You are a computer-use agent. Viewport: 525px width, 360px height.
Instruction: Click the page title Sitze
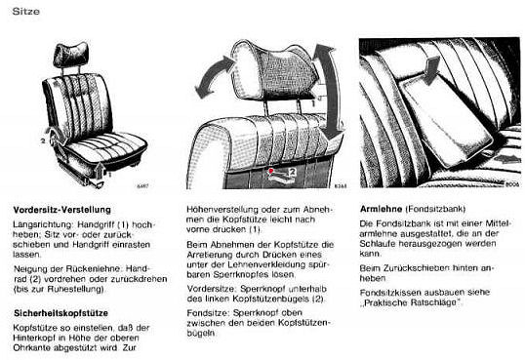[25, 11]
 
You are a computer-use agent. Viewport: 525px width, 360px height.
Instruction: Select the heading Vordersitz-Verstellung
[61, 210]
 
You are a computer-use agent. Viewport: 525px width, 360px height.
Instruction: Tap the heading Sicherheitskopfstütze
[61, 313]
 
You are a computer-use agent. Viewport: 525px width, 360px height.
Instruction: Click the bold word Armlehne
[381, 209]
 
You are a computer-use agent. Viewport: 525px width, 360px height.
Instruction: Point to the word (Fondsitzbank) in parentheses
[435, 210]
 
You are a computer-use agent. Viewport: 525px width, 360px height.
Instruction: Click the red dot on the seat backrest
[271, 171]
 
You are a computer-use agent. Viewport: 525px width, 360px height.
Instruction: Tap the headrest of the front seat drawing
[71, 55]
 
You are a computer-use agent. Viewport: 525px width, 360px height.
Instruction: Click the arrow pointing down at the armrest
[431, 70]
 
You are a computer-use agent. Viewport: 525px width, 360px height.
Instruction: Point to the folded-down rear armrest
[446, 121]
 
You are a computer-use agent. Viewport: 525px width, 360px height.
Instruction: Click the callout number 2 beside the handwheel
[43, 141]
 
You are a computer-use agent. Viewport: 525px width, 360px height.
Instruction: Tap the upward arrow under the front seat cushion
[100, 169]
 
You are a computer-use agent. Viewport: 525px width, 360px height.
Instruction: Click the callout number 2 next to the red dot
[293, 172]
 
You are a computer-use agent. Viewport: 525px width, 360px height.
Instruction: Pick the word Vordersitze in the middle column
[212, 289]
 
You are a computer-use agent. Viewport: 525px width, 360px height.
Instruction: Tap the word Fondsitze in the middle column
[208, 313]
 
